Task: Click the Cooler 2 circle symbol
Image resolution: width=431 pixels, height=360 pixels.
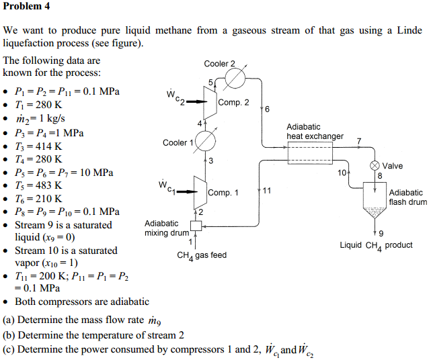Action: pyautogui.click(x=235, y=79)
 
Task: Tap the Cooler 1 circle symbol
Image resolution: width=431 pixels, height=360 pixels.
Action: pyautogui.click(x=205, y=142)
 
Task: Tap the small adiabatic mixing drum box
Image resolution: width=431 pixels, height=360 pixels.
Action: pyautogui.click(x=196, y=226)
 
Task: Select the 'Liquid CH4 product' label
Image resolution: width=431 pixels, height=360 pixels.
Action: pyautogui.click(x=376, y=245)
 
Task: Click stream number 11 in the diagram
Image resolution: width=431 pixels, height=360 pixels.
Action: pyautogui.click(x=267, y=191)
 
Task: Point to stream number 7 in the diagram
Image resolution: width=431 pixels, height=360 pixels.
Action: pyautogui.click(x=359, y=140)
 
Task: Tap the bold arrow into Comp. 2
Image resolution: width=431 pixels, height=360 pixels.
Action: pyautogui.click(x=193, y=102)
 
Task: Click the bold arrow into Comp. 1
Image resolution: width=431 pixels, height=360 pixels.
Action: pyautogui.click(x=182, y=192)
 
